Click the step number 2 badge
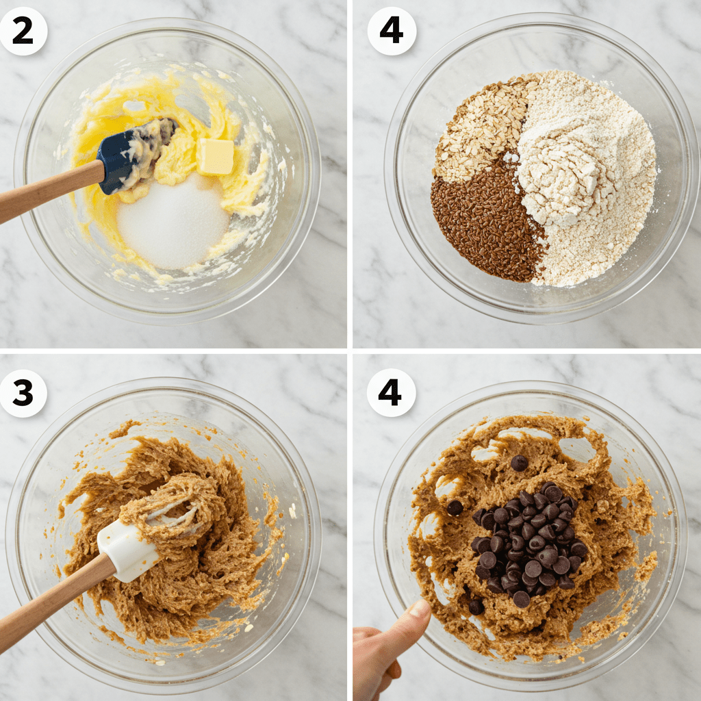(x=23, y=31)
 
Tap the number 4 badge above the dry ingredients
(x=391, y=31)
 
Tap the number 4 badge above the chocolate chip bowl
(x=391, y=392)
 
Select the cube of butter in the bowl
(x=215, y=156)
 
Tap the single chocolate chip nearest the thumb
(x=476, y=607)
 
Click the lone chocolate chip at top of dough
(x=520, y=463)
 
